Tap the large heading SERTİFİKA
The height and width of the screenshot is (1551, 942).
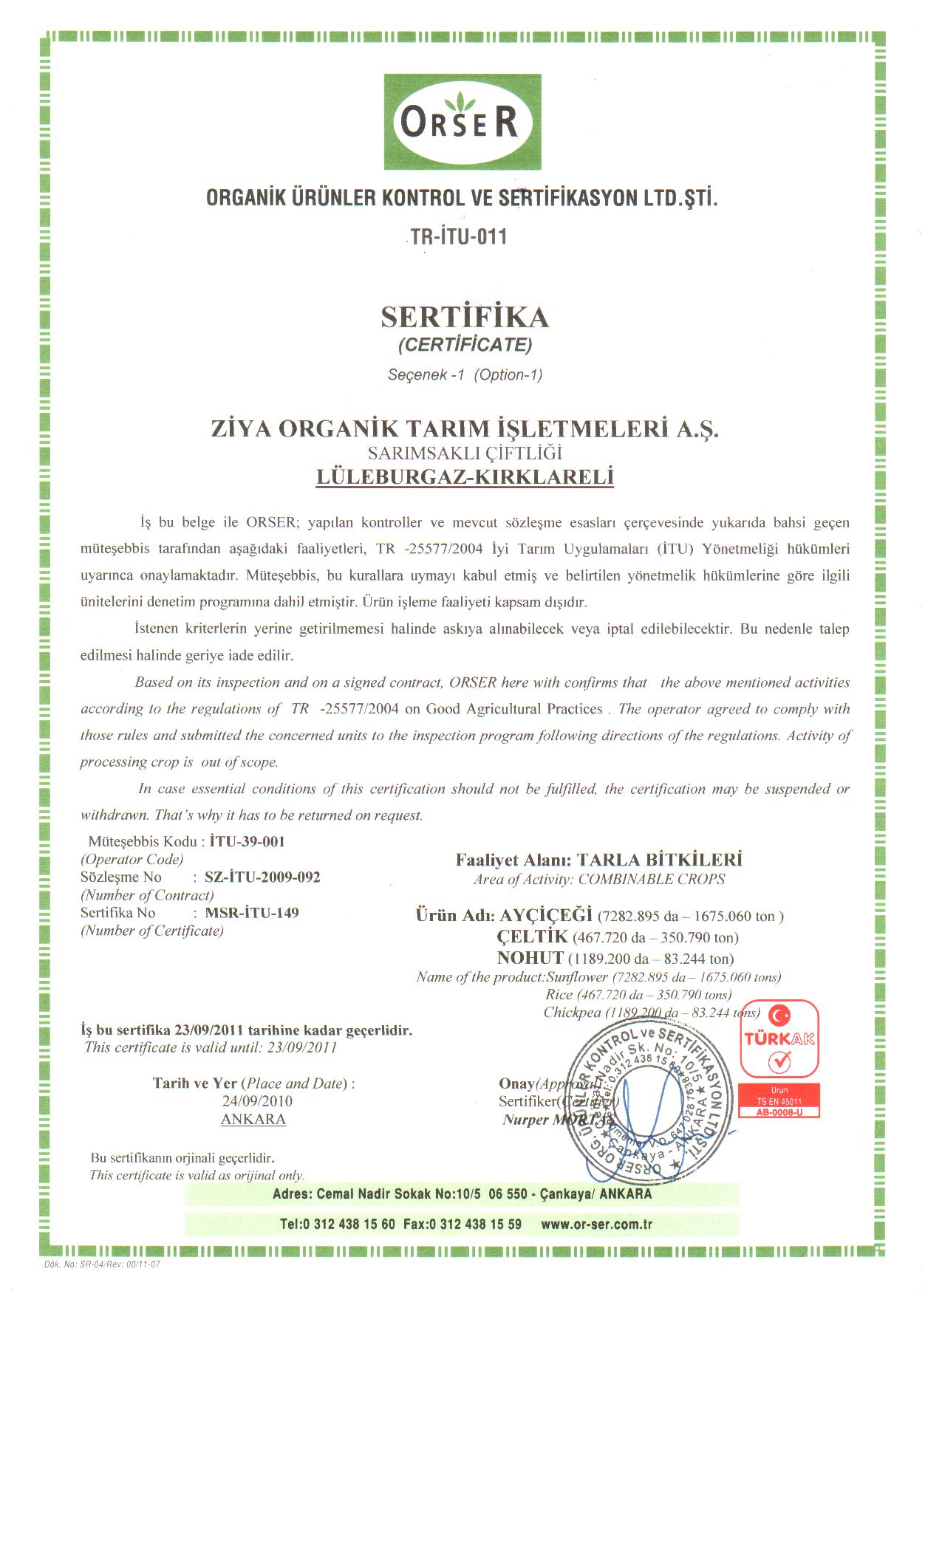tap(465, 317)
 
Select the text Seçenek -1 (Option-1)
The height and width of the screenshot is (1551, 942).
tap(465, 374)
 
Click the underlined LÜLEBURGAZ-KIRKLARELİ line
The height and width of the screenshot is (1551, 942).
tap(465, 476)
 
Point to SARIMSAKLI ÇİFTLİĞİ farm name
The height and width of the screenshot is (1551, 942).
tap(465, 452)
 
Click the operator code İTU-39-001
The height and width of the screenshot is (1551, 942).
tap(248, 841)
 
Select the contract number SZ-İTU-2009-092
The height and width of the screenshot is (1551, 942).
tap(262, 877)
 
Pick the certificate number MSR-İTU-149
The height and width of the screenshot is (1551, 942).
tap(252, 912)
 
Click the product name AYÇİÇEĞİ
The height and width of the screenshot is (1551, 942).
tap(546, 916)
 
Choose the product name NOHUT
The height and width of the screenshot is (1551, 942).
tap(530, 959)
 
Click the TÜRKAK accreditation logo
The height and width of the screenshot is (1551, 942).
tap(779, 1040)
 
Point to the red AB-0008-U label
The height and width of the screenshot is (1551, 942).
tap(779, 1112)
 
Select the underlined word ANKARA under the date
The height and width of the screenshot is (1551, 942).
tap(253, 1119)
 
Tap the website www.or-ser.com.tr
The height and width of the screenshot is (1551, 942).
tap(596, 1224)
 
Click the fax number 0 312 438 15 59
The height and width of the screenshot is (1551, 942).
tap(475, 1224)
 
